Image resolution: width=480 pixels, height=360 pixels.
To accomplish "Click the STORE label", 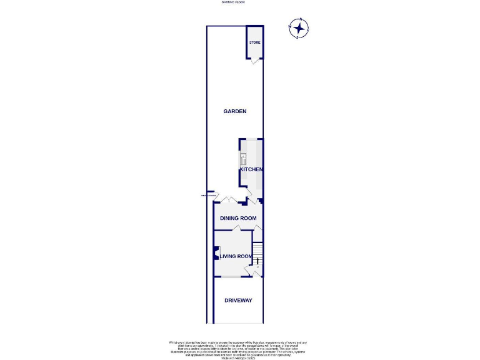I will click(x=254, y=42).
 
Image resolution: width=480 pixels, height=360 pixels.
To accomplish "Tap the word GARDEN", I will click(x=235, y=111).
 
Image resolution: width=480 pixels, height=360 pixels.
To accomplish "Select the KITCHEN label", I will click(x=250, y=169).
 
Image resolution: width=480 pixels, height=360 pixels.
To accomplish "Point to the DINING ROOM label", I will click(x=238, y=218).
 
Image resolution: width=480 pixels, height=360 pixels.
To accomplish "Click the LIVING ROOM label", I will click(x=236, y=256).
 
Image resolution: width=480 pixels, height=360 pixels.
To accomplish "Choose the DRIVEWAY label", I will click(x=238, y=301).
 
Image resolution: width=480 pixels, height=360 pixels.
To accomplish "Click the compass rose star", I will click(x=299, y=28).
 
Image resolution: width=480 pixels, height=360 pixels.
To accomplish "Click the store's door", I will click(x=254, y=61).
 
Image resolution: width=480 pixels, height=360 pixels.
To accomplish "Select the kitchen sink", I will click(x=243, y=159).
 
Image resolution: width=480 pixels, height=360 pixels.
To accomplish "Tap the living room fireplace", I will click(x=216, y=252).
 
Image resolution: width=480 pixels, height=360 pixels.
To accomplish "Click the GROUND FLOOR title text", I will click(x=233, y=2).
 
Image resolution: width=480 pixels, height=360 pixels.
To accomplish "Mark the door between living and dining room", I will click(x=233, y=230).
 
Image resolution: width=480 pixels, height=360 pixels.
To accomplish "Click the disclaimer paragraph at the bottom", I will click(x=237, y=349).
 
